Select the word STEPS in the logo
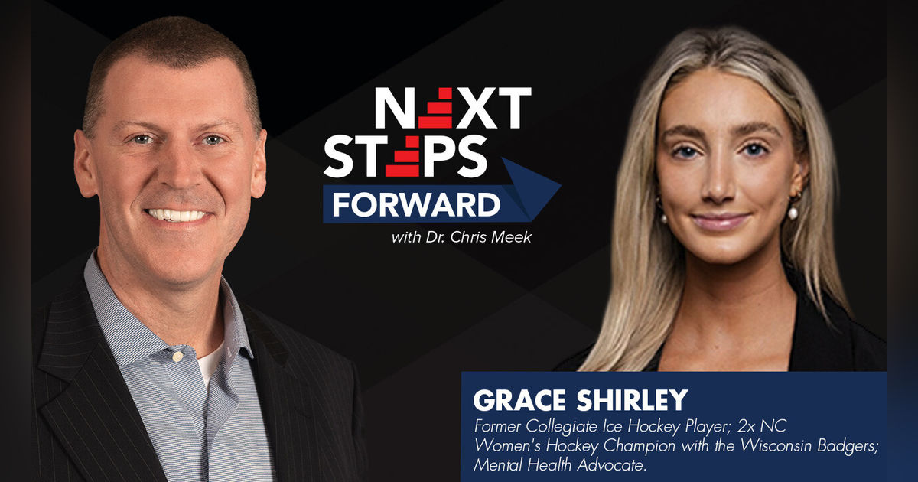405,158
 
